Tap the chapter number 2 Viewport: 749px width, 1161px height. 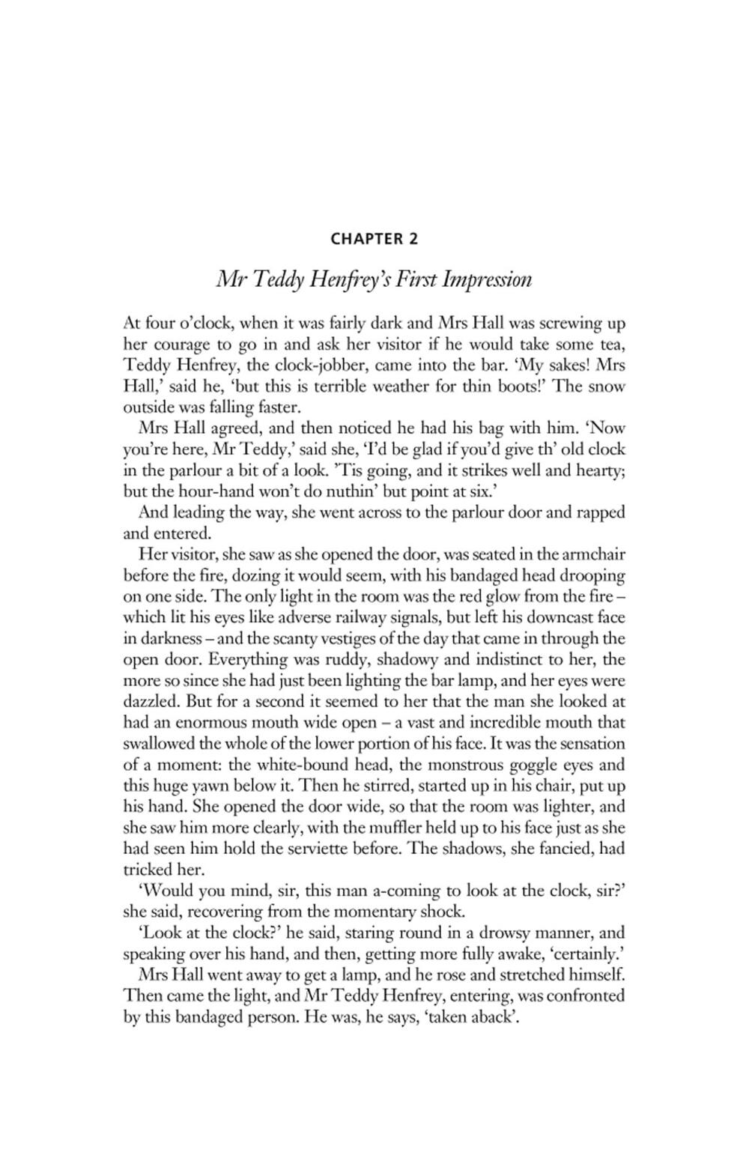click(x=413, y=239)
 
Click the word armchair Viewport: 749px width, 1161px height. click(x=590, y=555)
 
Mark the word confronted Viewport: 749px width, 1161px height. click(x=584, y=996)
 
